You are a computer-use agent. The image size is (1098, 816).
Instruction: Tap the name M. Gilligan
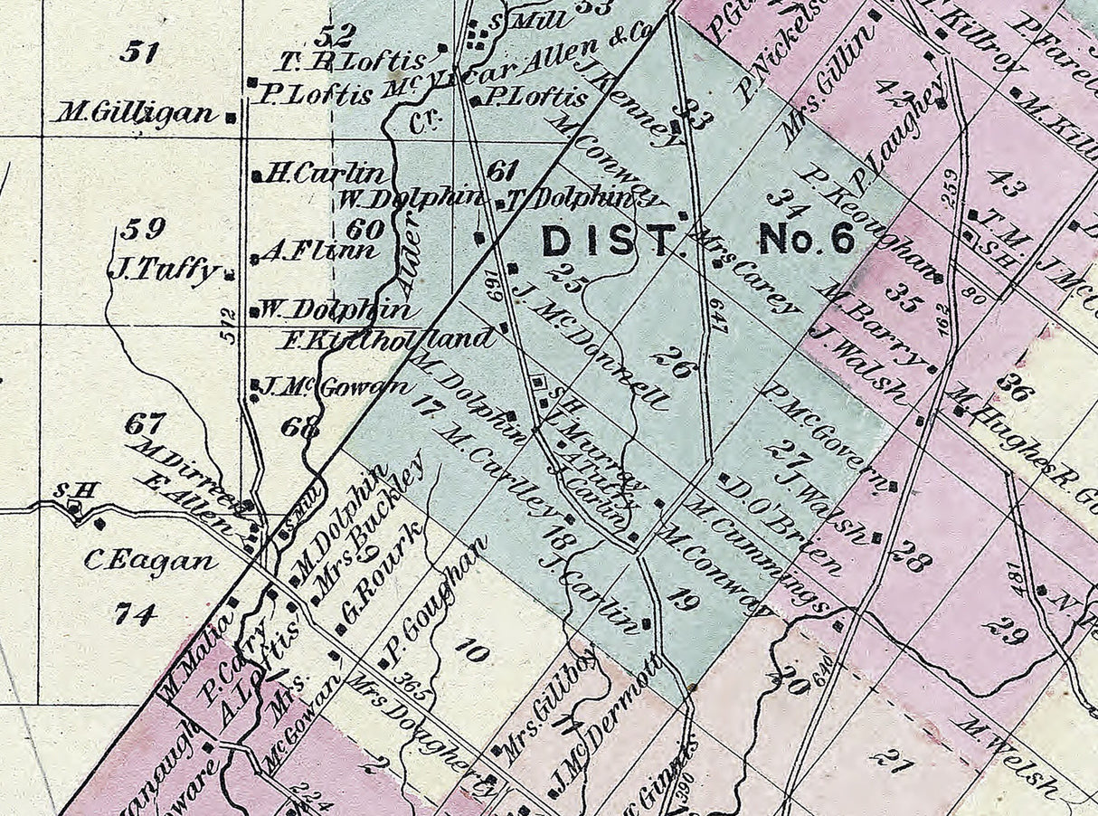(x=136, y=114)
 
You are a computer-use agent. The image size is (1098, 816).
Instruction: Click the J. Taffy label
(x=163, y=270)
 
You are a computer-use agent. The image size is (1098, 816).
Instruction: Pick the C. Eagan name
(x=150, y=561)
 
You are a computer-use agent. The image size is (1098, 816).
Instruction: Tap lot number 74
(x=136, y=614)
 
